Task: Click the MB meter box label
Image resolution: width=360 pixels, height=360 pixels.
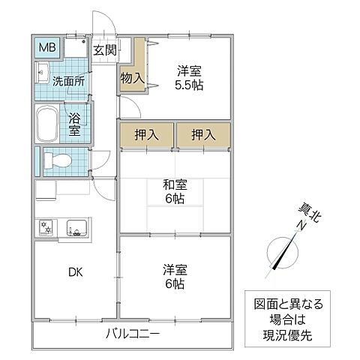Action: point(46,50)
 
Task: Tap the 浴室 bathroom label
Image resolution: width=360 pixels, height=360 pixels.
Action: point(75,124)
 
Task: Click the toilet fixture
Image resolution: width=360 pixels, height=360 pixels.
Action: point(60,160)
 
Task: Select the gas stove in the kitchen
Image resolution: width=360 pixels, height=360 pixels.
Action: point(47,226)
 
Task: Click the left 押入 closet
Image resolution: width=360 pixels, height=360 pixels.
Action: point(145,136)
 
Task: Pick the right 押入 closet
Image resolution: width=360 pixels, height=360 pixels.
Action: point(202,136)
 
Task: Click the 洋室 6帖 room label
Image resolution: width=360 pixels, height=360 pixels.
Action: point(175,277)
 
